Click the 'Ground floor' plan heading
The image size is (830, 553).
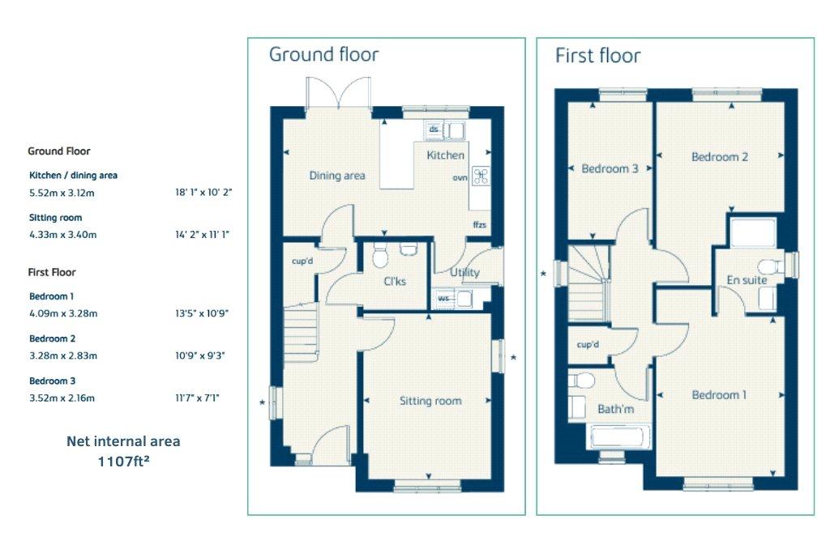coord(323,54)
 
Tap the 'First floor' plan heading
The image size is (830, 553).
coord(597,56)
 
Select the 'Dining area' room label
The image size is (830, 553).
coord(337,176)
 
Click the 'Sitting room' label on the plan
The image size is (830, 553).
coord(430,401)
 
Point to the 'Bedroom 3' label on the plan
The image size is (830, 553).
coord(610,168)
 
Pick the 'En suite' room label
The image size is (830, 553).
coord(747,280)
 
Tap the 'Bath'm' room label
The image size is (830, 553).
coord(616,409)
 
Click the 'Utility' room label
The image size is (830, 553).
coord(464,272)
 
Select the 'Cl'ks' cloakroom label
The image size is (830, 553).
coord(395,281)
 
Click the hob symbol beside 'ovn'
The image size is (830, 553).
coord(481,177)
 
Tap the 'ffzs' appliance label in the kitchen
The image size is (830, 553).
coord(480,225)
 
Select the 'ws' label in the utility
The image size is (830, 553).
coord(443,298)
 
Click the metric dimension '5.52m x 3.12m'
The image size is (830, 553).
coord(62,193)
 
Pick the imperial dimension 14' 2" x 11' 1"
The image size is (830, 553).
coord(203,235)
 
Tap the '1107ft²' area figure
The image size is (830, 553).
coord(123,462)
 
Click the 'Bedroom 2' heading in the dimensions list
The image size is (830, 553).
coord(53,338)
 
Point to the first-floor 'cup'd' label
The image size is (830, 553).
coord(588,345)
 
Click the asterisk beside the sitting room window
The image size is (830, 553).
coord(513,358)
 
